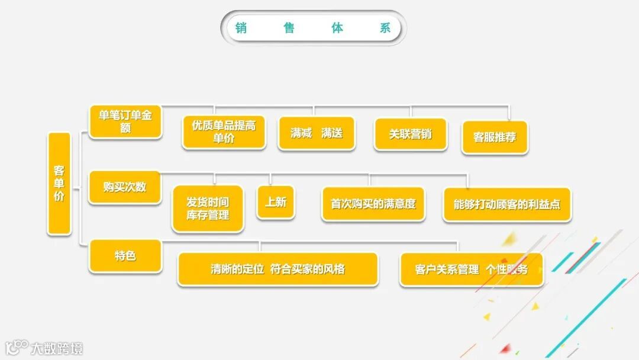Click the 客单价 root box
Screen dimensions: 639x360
(59, 183)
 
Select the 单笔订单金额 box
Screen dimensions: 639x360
(125, 121)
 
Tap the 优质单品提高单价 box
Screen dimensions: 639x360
(224, 131)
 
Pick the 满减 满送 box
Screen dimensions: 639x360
(317, 133)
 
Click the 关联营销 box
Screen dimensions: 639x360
(411, 134)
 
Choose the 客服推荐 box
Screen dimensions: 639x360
(495, 137)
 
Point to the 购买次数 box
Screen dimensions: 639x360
(125, 187)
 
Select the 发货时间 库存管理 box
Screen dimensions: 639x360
(208, 209)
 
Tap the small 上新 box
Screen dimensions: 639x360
(276, 202)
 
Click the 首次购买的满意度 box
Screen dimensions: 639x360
(373, 204)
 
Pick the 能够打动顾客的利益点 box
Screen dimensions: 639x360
(507, 205)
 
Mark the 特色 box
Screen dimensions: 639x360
(125, 256)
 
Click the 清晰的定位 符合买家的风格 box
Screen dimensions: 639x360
(277, 269)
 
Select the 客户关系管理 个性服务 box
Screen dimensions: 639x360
(471, 270)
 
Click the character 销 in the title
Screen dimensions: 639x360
(241, 28)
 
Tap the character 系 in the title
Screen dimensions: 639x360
(385, 28)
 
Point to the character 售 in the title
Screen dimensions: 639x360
(289, 28)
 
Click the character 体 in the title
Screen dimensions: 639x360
(337, 28)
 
